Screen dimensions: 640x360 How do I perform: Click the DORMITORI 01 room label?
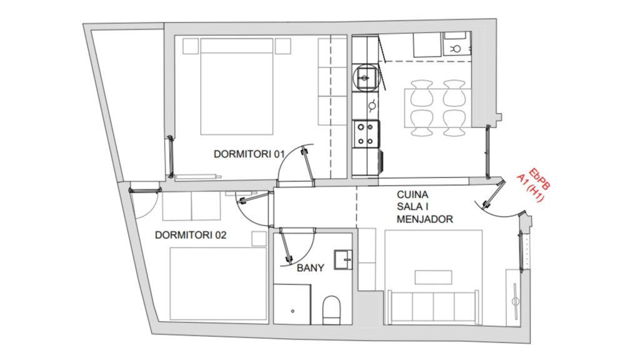click(249, 154)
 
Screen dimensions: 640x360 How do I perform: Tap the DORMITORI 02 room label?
click(191, 235)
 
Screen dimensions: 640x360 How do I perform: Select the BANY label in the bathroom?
click(311, 267)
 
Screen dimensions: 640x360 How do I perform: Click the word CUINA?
click(412, 195)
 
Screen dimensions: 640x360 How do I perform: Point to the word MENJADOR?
click(425, 219)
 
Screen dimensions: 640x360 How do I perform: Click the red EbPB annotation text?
click(539, 179)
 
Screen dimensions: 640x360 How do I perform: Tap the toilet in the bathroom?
click(331, 310)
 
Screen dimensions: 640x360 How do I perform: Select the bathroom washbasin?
click(343, 259)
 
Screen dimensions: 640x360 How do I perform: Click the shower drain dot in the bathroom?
click(292, 311)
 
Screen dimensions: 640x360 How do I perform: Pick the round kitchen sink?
click(365, 77)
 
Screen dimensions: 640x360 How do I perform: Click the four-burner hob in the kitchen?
click(365, 134)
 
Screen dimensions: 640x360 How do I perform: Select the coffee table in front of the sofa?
click(434, 277)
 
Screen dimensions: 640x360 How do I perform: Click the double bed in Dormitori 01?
click(237, 86)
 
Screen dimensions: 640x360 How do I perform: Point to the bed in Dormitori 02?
click(218, 284)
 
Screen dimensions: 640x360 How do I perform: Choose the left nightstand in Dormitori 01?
click(190, 46)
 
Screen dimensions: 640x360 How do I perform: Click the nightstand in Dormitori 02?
click(259, 239)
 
